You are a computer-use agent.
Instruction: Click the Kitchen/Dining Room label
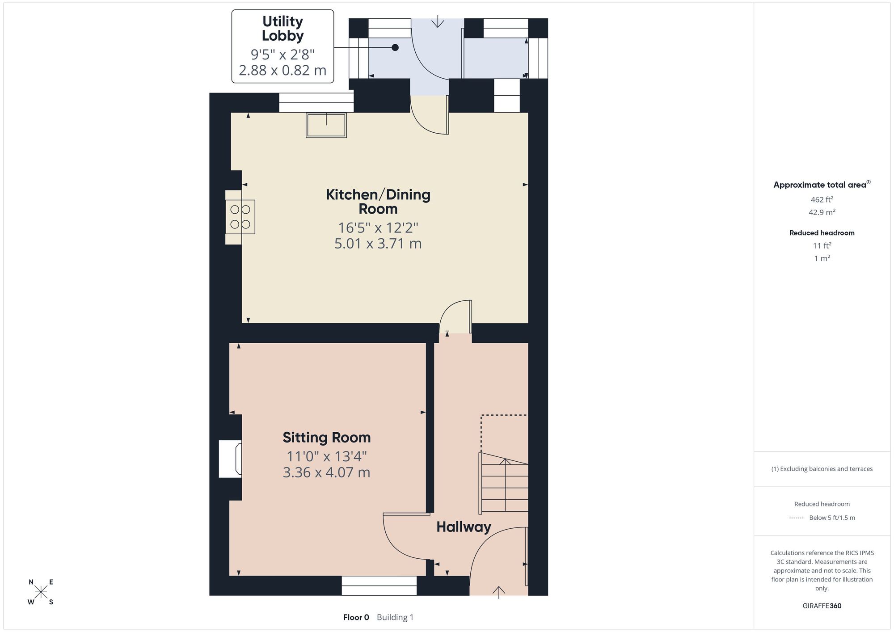378,202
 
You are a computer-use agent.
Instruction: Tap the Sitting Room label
327,438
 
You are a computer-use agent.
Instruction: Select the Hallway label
464,527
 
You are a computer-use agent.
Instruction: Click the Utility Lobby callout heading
283,29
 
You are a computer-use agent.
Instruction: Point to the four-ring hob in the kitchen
240,217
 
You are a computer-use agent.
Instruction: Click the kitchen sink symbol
326,125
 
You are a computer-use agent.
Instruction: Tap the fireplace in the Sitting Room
231,459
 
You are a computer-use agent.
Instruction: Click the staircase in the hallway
504,482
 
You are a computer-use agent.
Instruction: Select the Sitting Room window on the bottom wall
379,586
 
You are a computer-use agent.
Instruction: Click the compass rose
41,592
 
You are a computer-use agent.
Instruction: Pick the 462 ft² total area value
822,199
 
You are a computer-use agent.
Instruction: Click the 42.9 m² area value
822,212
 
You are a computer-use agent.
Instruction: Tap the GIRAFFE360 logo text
822,606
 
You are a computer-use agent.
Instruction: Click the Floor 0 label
356,617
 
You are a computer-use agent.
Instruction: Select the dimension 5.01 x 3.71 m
378,244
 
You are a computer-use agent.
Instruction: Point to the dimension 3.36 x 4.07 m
327,472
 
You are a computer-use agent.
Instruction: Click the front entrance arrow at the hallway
498,592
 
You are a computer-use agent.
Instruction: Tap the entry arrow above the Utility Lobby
438,21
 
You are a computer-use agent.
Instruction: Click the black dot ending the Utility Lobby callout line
395,47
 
